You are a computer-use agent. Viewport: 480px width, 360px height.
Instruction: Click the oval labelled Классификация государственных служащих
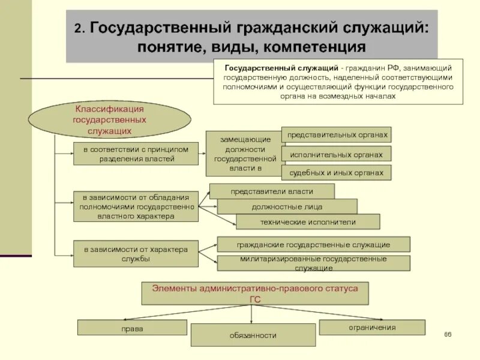coord(109,119)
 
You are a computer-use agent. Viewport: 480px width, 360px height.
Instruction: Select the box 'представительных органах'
coord(336,134)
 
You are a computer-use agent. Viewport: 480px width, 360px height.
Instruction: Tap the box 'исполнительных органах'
coord(336,154)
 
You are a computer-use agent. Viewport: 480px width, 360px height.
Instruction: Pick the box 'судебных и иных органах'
coord(336,173)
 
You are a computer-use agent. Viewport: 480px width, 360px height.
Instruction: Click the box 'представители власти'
coord(272,191)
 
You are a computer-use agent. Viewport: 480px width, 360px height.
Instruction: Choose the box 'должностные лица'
coord(287,206)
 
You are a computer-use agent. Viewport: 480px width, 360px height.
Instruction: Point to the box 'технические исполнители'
coord(308,222)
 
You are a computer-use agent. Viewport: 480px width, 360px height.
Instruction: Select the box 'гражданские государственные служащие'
coord(313,244)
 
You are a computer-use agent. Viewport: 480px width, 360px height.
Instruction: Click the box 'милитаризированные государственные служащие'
coord(313,263)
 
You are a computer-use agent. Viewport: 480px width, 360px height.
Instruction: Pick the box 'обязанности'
coord(253,335)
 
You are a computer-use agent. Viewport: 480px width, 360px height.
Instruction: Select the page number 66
coord(448,334)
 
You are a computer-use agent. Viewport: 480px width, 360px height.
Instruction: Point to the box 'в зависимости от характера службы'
coord(136,254)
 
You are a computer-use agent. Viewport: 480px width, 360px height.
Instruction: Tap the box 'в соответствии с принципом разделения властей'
coord(136,154)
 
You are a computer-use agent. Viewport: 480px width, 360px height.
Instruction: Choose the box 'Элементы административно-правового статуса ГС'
coord(255,293)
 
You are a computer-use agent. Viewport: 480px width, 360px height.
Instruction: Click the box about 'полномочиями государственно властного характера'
coord(136,206)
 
